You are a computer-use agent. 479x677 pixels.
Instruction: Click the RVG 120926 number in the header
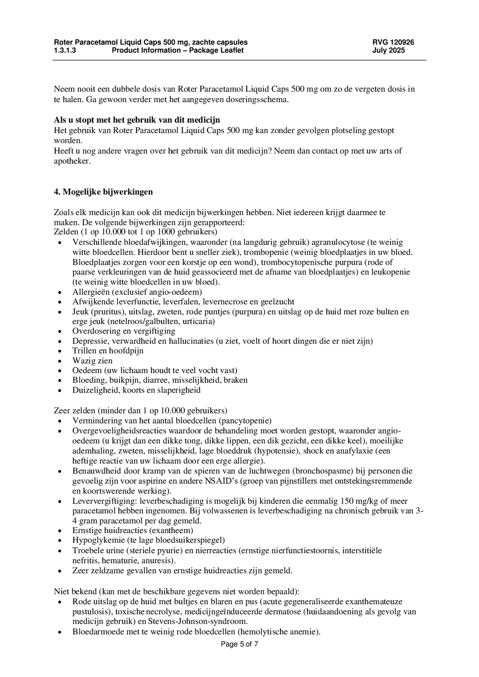(x=393, y=42)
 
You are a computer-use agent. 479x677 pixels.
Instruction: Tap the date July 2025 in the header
(x=388, y=50)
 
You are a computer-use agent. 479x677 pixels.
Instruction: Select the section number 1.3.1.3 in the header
(x=65, y=50)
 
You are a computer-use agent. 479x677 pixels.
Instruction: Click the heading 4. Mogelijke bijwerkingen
(x=103, y=192)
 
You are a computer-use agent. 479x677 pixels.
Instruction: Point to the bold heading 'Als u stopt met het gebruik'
(x=137, y=120)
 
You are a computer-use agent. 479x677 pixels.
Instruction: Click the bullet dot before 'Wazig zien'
(x=59, y=362)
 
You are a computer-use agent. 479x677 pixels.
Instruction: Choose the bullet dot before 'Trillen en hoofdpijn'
(x=59, y=352)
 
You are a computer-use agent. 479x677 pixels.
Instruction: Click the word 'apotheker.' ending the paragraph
(x=72, y=161)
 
